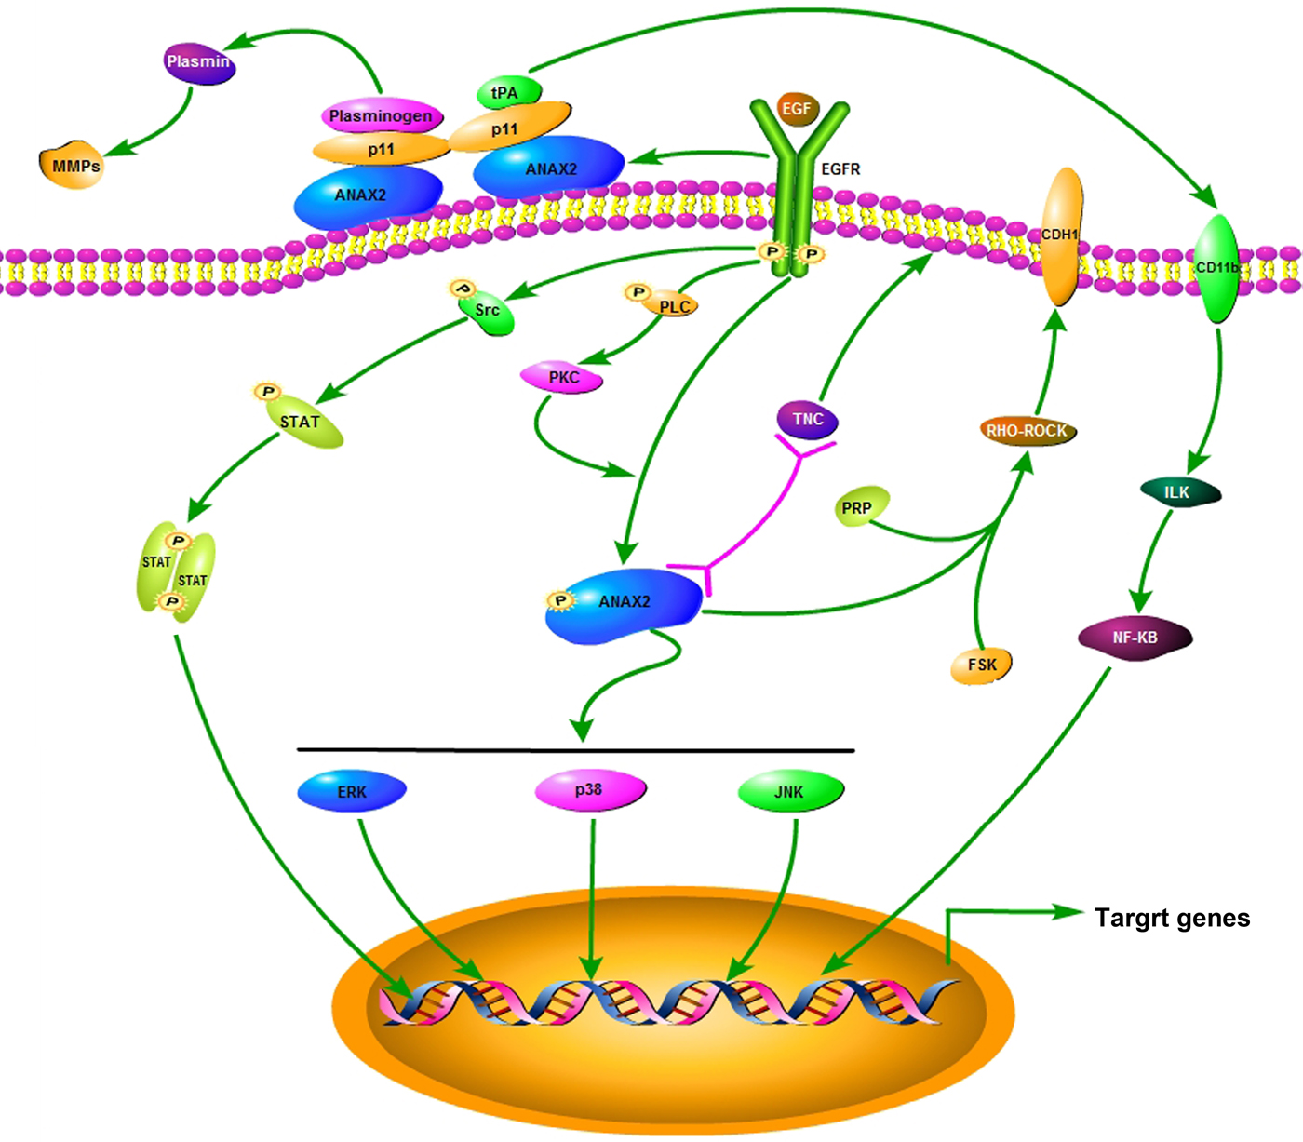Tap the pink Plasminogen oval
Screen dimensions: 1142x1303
(381, 116)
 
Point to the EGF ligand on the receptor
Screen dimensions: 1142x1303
(797, 109)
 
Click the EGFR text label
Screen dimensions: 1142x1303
(840, 169)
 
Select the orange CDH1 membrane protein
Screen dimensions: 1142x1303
(1060, 237)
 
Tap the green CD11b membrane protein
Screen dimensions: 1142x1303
(1216, 268)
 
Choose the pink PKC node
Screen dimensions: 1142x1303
(563, 378)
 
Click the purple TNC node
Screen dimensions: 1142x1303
(807, 420)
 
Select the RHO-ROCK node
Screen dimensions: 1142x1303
(1028, 431)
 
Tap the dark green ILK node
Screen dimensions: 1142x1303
(1178, 492)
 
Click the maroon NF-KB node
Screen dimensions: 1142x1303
(1135, 638)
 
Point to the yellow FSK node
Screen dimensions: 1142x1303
(981, 665)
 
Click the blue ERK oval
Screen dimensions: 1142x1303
(352, 792)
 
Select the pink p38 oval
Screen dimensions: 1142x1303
(589, 790)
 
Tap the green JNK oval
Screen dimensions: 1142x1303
(790, 792)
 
